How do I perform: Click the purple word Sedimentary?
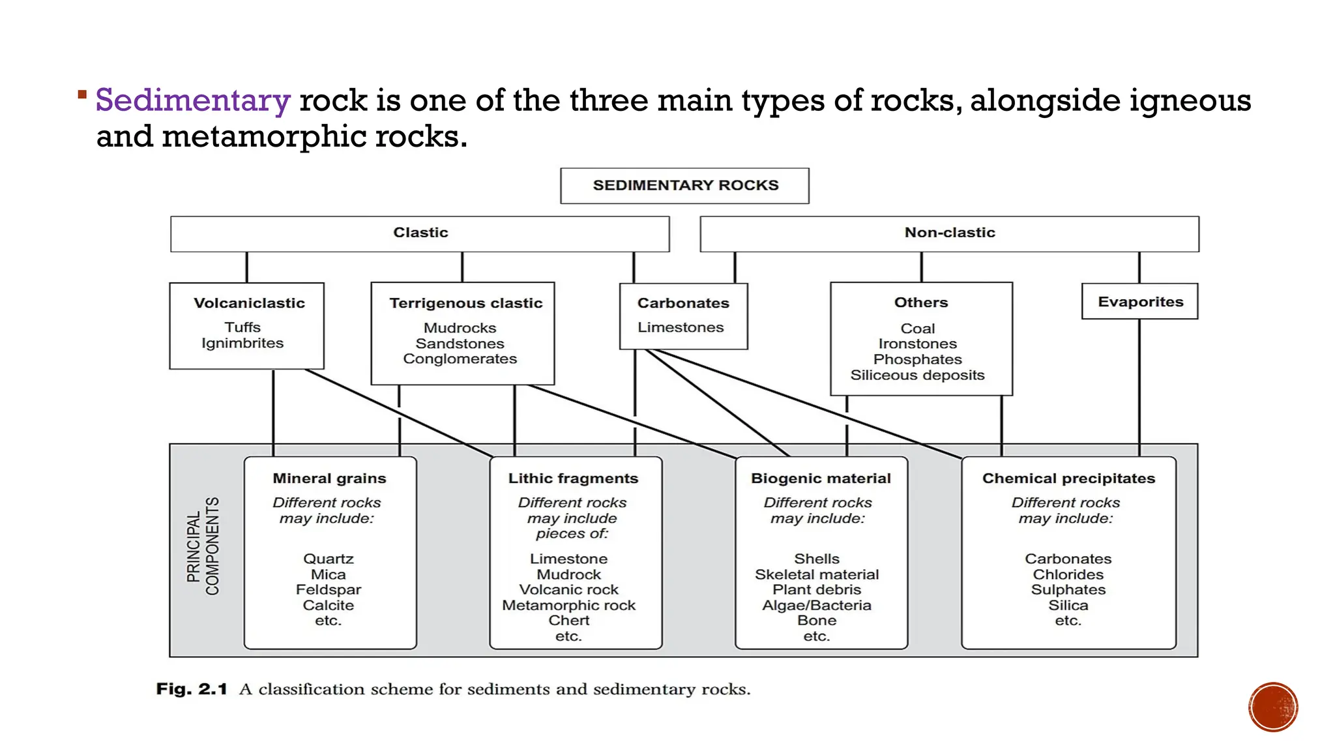coord(192,101)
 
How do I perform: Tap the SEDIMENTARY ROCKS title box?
coord(684,186)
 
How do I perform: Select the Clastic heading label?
coord(420,233)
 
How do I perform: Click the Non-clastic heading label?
coord(949,233)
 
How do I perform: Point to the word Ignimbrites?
coord(242,343)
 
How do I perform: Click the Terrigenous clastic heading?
coord(465,303)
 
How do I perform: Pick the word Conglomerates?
coord(460,359)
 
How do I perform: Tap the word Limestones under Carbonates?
coord(681,327)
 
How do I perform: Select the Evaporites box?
coord(1139,302)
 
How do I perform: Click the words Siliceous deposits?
coord(917,375)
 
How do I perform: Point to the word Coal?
coord(917,329)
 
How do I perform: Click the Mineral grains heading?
coord(329,479)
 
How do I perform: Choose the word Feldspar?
coord(328,589)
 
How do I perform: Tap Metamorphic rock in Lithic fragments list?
coord(568,605)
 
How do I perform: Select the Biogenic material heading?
coord(821,479)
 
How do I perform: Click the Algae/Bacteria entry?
coord(816,605)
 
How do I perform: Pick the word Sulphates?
coord(1068,589)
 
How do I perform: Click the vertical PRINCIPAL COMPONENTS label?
coord(203,546)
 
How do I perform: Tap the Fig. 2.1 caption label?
coord(191,689)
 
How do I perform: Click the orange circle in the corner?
coord(1272,707)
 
